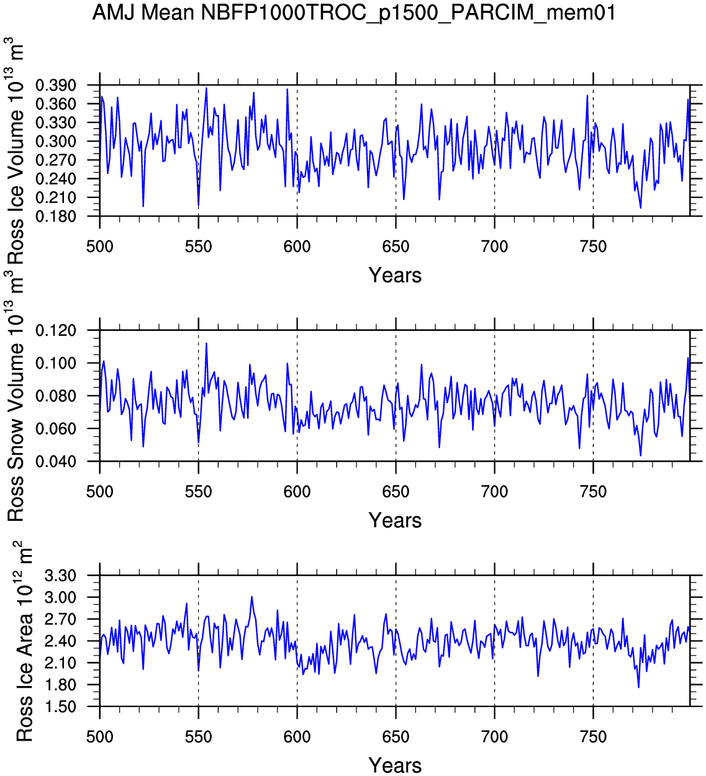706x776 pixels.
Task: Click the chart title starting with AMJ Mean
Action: [353, 12]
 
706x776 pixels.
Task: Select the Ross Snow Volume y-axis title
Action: [16, 397]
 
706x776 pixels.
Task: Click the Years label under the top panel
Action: [395, 275]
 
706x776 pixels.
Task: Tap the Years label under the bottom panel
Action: [395, 765]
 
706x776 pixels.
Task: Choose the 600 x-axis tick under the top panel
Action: [297, 246]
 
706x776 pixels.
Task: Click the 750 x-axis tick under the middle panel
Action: [593, 492]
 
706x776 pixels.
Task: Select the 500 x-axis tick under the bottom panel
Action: [99, 737]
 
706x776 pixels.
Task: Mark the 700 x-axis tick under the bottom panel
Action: [494, 737]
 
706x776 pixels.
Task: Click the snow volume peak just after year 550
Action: [206, 343]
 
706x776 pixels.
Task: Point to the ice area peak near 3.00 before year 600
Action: [251, 597]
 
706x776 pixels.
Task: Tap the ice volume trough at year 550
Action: [198, 206]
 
